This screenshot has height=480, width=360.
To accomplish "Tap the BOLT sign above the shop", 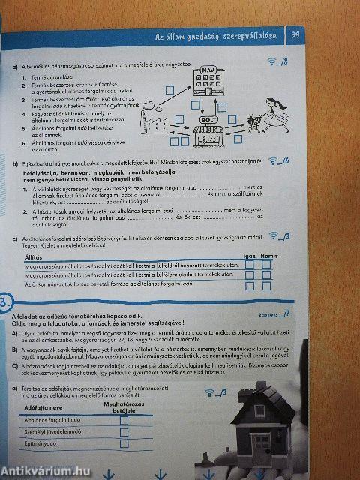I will click(208, 120).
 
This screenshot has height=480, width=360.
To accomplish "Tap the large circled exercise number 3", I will click(4, 304).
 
